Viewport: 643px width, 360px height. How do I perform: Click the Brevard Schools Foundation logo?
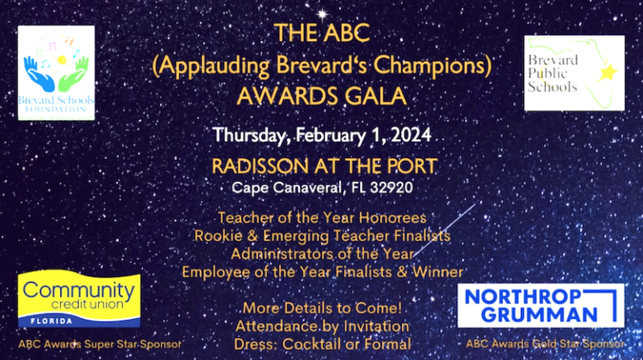[56, 73]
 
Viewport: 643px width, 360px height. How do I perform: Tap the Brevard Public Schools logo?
[574, 73]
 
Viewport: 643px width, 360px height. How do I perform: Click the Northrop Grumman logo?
[540, 306]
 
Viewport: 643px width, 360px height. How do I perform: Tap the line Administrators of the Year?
[321, 254]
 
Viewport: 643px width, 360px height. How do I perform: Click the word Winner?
[438, 271]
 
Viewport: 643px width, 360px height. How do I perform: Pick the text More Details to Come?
[321, 307]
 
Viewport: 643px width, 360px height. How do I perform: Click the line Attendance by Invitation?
[322, 326]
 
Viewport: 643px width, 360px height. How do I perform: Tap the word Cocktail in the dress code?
[315, 343]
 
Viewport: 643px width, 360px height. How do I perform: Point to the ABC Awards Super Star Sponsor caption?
[100, 343]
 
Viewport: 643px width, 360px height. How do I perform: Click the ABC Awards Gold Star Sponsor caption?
[545, 343]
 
